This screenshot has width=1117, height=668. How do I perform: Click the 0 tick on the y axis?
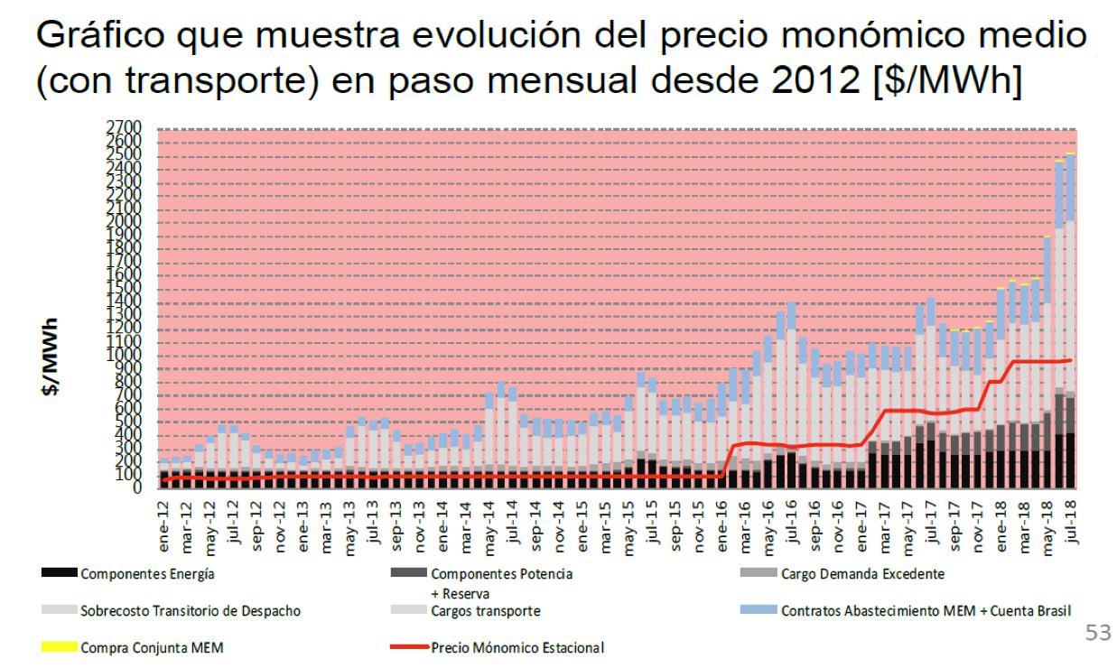(137, 488)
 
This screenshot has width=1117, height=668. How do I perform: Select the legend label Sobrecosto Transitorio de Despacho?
(191, 611)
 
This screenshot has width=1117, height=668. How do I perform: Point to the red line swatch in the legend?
(408, 647)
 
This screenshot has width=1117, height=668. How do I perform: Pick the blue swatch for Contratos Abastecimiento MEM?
(758, 611)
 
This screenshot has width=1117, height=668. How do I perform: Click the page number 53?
(1097, 632)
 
